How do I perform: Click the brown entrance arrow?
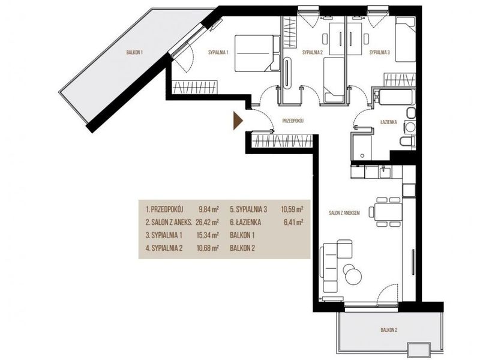(x=238, y=121)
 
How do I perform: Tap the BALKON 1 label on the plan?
(x=134, y=53)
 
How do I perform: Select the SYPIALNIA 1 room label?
(x=218, y=52)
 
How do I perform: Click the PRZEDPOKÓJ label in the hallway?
(x=293, y=121)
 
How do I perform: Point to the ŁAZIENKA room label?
(x=388, y=122)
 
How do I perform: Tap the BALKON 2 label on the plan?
(x=389, y=330)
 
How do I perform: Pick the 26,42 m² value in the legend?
(x=207, y=222)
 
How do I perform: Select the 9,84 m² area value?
(x=208, y=209)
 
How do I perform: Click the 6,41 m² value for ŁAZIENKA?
(x=293, y=222)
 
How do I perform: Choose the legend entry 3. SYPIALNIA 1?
(x=164, y=235)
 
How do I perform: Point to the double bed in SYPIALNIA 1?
(x=257, y=53)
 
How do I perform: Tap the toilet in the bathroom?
(x=407, y=142)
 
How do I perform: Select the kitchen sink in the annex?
(x=385, y=172)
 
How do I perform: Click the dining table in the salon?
(x=388, y=212)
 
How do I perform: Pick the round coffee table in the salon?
(x=353, y=274)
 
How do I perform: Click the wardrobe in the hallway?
(x=282, y=142)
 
